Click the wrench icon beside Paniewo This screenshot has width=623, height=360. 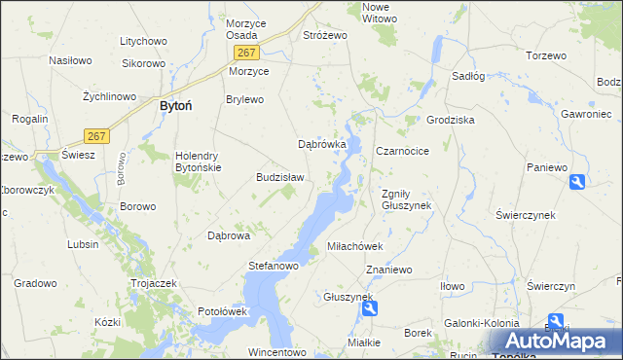[577, 181]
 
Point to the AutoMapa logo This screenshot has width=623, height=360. [556, 341]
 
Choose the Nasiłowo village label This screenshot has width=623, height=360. [70, 59]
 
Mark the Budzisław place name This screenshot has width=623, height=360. [280, 177]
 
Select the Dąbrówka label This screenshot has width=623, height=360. [322, 144]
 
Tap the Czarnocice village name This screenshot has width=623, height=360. [402, 151]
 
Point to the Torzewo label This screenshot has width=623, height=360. [545, 55]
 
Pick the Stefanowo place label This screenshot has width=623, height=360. [274, 264]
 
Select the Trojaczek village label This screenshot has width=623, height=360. [152, 282]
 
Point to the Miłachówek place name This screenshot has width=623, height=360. [359, 246]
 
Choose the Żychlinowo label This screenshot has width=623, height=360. [108, 97]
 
